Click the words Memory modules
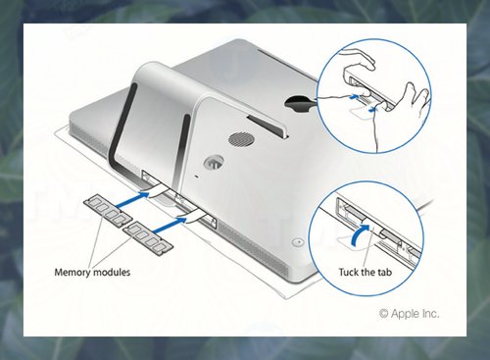click(x=92, y=272)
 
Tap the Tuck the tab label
click(x=365, y=272)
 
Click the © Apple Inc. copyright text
click(x=409, y=314)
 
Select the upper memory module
click(x=108, y=210)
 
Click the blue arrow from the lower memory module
click(x=170, y=225)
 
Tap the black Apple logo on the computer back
click(x=300, y=103)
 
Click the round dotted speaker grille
click(x=241, y=139)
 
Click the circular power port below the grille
click(x=214, y=162)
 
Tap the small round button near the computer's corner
click(x=298, y=242)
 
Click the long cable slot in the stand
click(x=268, y=127)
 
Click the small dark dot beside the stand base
click(x=196, y=177)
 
